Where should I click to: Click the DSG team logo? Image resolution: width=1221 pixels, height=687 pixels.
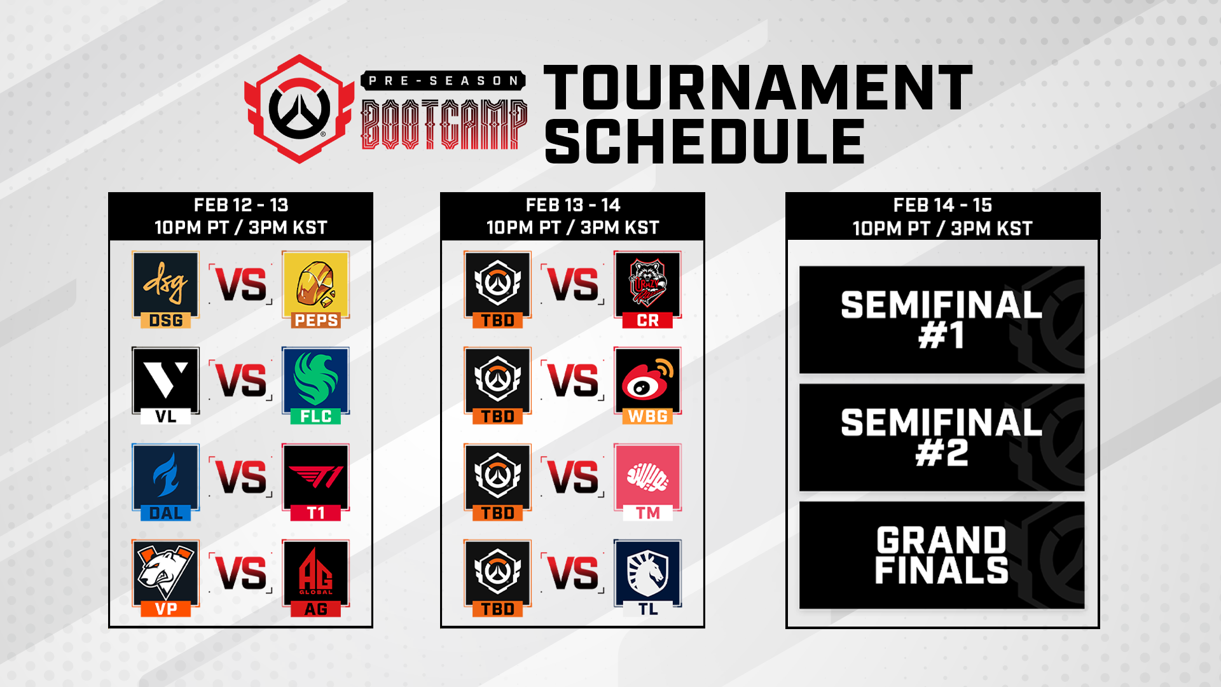click(x=165, y=284)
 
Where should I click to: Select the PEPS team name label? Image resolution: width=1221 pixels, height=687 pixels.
click(x=316, y=321)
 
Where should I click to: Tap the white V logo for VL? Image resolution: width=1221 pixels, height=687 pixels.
click(x=165, y=380)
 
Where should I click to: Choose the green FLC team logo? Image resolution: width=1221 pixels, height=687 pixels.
click(x=316, y=380)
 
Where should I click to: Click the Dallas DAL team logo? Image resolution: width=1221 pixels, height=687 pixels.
click(x=165, y=476)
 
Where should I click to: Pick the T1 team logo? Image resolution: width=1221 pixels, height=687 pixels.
click(x=316, y=476)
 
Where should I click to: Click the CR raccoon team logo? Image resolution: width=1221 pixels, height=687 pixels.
click(x=647, y=284)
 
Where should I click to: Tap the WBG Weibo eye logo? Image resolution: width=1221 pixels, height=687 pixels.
click(x=647, y=380)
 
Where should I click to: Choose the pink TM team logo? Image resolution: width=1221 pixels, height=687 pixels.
click(x=647, y=476)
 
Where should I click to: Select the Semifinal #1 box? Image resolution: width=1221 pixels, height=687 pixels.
click(x=942, y=319)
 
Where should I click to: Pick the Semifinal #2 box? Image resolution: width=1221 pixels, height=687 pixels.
click(x=942, y=437)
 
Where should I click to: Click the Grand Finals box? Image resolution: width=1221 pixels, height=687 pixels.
click(x=942, y=555)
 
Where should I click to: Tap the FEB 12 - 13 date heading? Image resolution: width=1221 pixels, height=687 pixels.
click(x=241, y=205)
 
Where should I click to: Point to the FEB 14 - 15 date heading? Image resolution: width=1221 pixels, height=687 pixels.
click(x=942, y=205)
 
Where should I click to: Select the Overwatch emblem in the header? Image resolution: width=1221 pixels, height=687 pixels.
click(x=299, y=109)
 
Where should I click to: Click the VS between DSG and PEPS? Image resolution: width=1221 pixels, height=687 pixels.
click(x=241, y=284)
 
